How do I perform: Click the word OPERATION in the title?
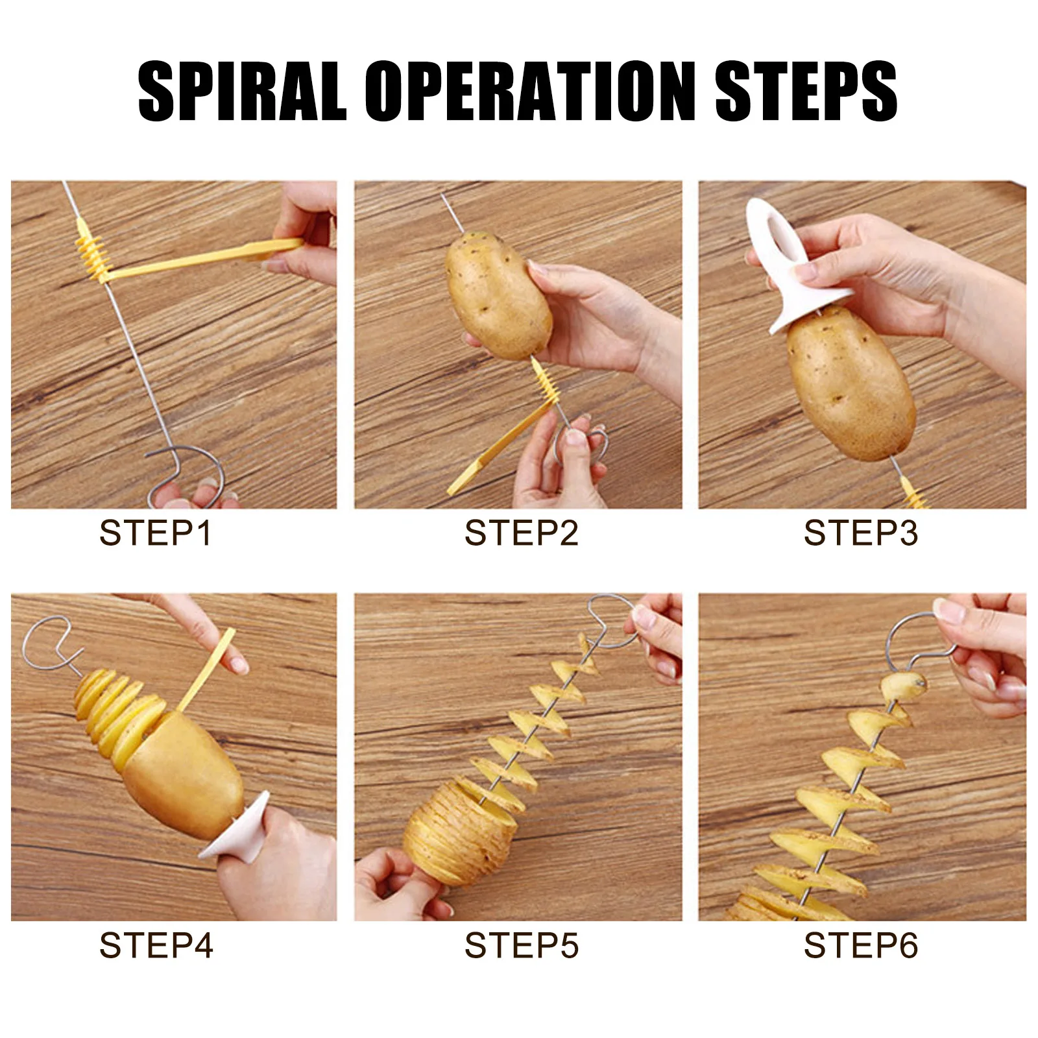530,91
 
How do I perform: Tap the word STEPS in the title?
806,91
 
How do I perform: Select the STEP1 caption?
156,533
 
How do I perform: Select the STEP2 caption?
521,533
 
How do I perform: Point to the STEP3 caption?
861,533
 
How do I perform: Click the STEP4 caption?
156,945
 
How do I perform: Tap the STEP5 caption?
521,945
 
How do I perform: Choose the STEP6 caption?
861,945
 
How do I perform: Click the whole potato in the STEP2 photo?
498,296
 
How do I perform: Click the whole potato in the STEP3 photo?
851,384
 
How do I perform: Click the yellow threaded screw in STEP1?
91,252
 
